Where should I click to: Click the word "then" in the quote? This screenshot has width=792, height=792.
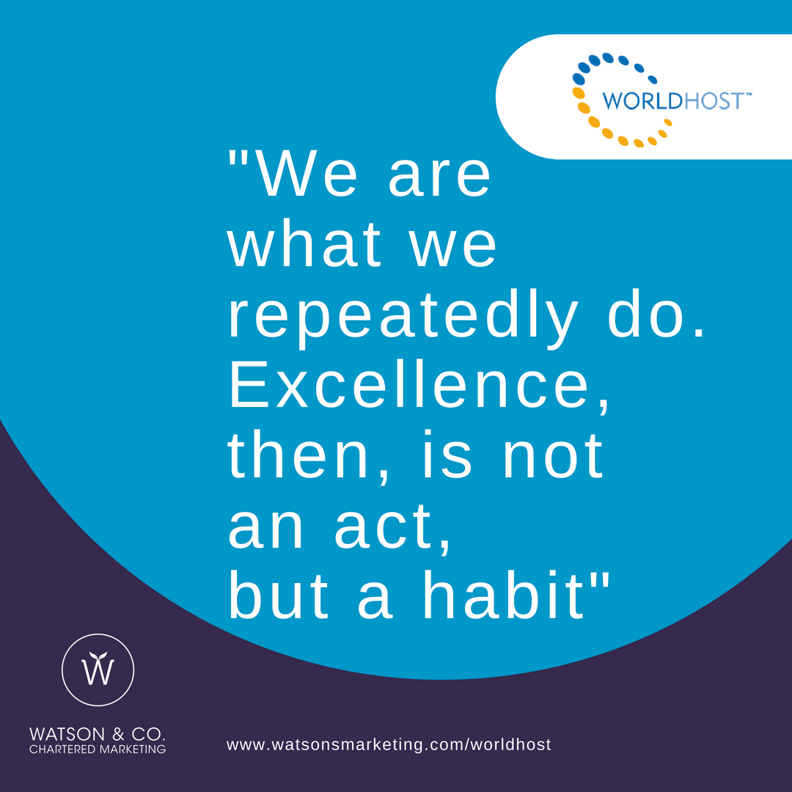[298, 455]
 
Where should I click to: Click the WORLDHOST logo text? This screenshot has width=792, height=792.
[672, 101]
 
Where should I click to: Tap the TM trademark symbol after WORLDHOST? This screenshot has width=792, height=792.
[748, 94]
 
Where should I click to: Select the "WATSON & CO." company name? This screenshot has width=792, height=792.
[98, 734]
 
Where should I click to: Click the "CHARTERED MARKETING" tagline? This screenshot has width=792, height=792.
[98, 749]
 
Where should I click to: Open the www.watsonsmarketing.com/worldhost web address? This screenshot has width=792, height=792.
[389, 744]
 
